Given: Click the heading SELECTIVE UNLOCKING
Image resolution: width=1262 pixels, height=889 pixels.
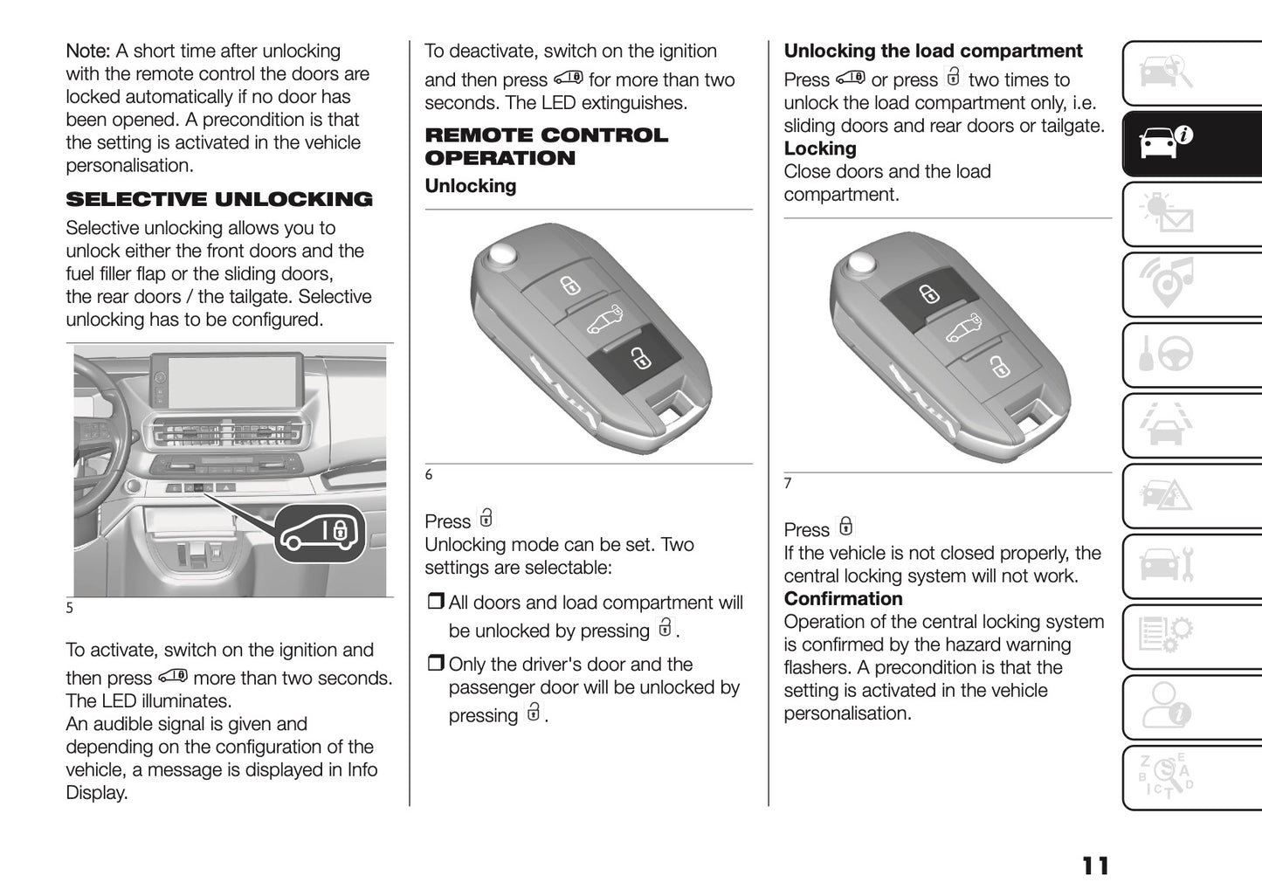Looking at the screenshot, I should pos(219,200).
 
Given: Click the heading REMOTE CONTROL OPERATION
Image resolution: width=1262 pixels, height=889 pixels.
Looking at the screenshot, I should pos(546,147).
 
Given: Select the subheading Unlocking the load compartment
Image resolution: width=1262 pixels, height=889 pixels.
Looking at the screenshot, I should pos(933,52).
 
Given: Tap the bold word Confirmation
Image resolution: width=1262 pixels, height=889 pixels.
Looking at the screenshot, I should pos(843,599).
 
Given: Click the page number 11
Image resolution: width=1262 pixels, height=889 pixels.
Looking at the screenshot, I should pos(1095,865).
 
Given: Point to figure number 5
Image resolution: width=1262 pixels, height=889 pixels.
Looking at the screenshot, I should pos(70,608).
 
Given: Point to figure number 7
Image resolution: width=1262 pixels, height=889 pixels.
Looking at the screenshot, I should pos(788,484).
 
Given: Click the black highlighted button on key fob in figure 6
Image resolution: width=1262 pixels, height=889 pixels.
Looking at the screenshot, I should pos(636,357).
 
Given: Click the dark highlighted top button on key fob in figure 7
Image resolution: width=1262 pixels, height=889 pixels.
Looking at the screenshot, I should pos(928,294).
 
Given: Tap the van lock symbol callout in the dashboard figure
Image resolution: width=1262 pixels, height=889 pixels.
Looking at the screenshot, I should pos(321,533).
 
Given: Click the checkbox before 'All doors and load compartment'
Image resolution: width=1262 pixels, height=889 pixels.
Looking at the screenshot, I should pos(435,603).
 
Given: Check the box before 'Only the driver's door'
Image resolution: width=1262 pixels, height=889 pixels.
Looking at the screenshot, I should pos(435,664).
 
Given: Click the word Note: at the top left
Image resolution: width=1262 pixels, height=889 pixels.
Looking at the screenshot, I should pos(87,52).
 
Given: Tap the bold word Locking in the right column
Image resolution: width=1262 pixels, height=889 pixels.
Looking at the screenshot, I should pos(820,149).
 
